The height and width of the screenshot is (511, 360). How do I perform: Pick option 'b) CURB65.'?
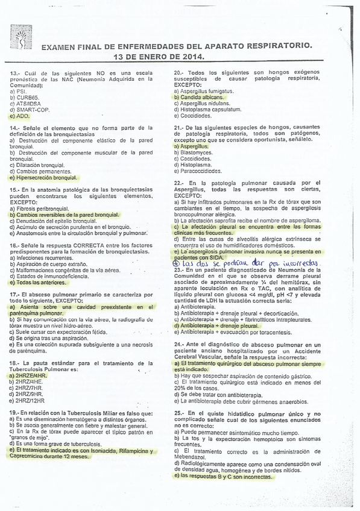click(x=25, y=97)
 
